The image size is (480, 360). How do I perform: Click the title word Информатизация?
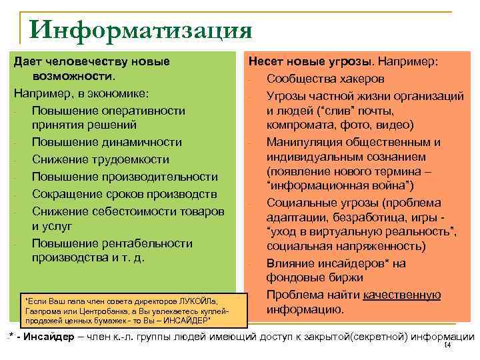click(x=141, y=29)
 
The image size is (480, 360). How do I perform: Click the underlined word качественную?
click(x=401, y=295)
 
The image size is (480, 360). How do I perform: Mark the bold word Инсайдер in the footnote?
click(x=46, y=337)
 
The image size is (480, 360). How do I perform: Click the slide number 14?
click(x=447, y=345)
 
